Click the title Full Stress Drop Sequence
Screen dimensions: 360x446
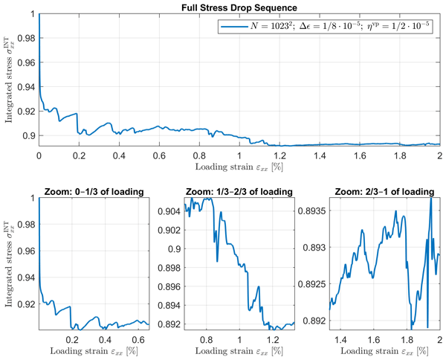coord(239,7)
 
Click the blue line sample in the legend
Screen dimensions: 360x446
coord(233,27)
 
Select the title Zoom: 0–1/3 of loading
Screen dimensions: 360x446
coord(94,191)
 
